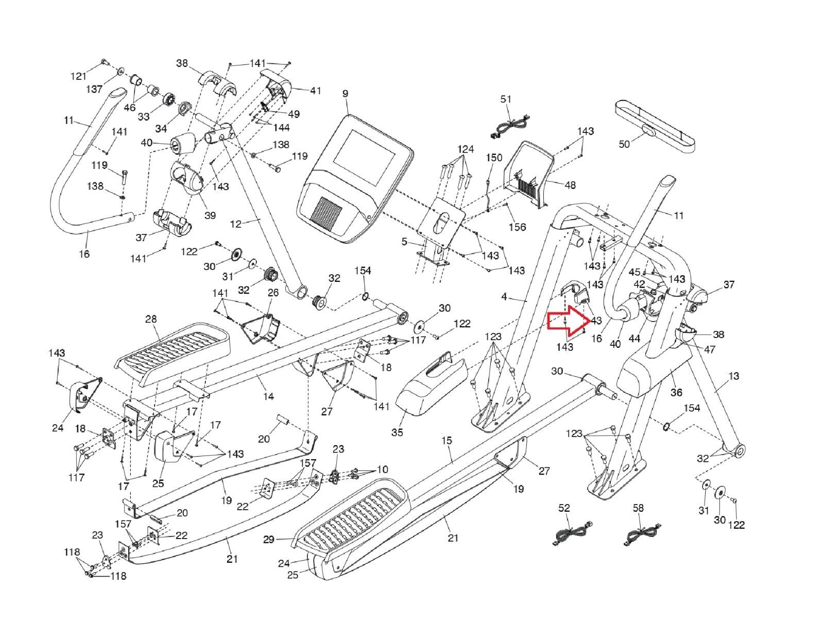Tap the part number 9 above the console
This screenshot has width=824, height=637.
point(345,94)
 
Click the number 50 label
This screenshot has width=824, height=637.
point(624,144)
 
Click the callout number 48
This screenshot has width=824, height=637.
point(570,185)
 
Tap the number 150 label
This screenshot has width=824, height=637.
point(494,158)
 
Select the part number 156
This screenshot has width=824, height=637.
point(518,227)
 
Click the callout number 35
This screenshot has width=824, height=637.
point(397,432)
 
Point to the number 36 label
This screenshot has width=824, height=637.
point(676,392)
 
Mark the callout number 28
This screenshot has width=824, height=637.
point(150,320)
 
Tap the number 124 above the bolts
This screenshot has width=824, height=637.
point(465,149)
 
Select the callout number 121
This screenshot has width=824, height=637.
point(78,76)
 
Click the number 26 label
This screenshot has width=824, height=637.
point(273,293)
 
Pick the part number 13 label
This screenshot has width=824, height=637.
point(734,376)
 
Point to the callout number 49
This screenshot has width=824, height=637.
point(294,114)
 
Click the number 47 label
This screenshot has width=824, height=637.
point(710,349)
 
